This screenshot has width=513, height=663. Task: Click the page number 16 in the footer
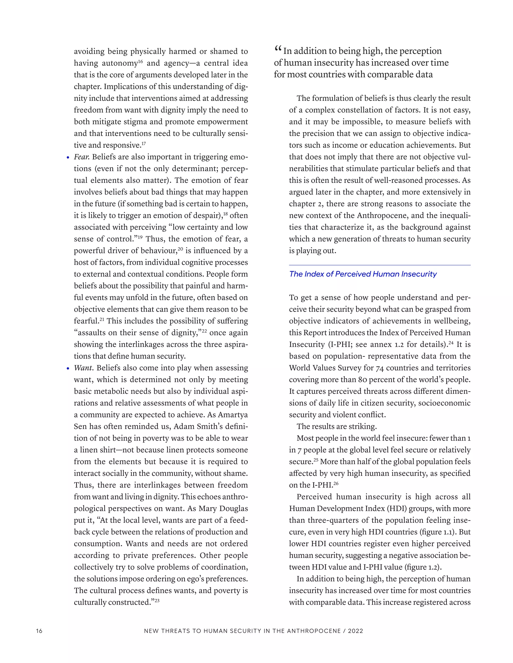[x=39, y=631]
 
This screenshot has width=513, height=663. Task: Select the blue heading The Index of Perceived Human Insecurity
[x=362, y=274]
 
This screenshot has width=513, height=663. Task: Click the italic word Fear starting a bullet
[x=81, y=157]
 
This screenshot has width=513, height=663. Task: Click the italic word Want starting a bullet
[x=84, y=368]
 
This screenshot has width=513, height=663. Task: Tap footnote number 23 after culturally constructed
[x=157, y=600]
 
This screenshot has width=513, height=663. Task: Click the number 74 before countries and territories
[x=379, y=368]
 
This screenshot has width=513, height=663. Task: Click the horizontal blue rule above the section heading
[x=379, y=265]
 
